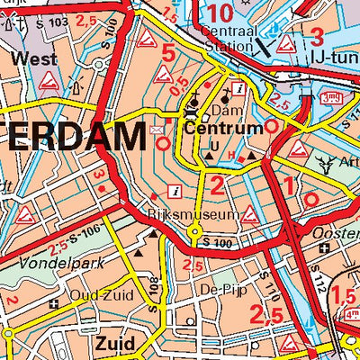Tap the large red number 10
click(220, 13)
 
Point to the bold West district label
click(35, 59)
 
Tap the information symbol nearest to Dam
click(238, 88)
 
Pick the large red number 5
click(168, 52)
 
